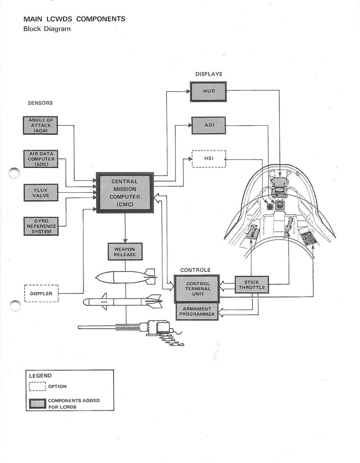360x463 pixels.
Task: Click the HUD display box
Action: (208, 91)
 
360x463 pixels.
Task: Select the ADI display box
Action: (208, 125)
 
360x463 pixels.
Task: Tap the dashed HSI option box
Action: (208, 159)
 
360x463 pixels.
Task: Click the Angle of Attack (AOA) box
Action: (41, 125)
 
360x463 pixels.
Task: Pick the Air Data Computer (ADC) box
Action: (41, 159)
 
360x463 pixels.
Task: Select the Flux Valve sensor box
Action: (41, 192)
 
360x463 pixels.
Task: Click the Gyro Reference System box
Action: (41, 226)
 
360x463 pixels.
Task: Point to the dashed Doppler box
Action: (41, 293)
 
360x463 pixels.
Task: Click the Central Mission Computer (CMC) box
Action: (124, 192)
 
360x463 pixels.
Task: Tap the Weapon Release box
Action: (124, 252)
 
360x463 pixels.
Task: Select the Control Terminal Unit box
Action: (198, 288)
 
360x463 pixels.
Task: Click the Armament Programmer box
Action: (198, 311)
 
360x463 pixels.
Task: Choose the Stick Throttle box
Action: (251, 285)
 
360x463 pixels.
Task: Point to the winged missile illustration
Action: (122, 302)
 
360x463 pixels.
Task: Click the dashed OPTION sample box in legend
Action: (37, 386)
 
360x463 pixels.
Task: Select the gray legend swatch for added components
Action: (37, 403)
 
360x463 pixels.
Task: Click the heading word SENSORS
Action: (40, 103)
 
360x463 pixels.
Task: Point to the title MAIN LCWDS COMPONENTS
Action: (74, 19)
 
